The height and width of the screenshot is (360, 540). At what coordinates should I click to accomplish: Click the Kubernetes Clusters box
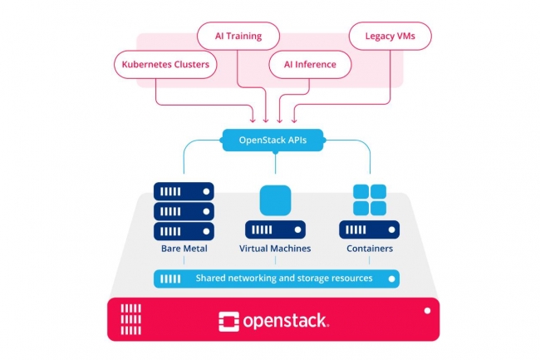coord(165,63)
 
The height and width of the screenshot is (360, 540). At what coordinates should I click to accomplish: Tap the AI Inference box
coord(310,63)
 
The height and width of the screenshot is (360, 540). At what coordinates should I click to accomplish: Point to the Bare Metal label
coord(184,249)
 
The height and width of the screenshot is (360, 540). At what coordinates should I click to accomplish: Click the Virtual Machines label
coord(275,249)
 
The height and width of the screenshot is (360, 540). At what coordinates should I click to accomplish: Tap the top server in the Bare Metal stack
coord(184,191)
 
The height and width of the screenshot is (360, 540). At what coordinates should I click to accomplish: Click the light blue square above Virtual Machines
coord(275,200)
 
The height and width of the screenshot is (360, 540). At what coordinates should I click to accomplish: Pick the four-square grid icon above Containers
coord(370,200)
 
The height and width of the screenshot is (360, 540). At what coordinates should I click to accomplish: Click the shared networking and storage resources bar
coord(275,279)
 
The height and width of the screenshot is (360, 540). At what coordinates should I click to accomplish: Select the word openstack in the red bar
coord(286,319)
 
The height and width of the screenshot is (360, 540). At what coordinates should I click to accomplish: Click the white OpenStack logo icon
coord(229,319)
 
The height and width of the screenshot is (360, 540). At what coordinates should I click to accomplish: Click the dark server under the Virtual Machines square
coord(275,229)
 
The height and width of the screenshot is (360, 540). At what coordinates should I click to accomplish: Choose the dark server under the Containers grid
coord(370,229)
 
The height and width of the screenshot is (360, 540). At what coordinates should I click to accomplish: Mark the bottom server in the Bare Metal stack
coord(184,230)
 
